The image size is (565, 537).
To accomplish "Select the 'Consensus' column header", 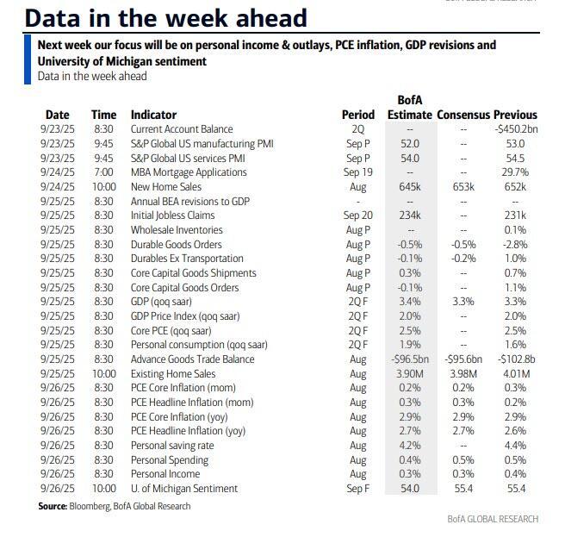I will pyautogui.click(x=463, y=115).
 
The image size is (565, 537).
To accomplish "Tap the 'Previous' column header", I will pyautogui.click(x=516, y=115).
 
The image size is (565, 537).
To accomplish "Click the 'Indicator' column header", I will pyautogui.click(x=153, y=115).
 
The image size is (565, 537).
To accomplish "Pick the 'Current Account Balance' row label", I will pyautogui.click(x=182, y=129).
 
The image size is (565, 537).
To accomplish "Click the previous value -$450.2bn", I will pyautogui.click(x=517, y=129).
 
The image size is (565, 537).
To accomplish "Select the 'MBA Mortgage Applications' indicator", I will pyautogui.click(x=189, y=172).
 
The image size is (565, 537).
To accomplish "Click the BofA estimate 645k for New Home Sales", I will pyautogui.click(x=409, y=187).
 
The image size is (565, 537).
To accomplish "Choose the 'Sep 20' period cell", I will pyautogui.click(x=358, y=215).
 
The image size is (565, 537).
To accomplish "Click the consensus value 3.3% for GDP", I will pyautogui.click(x=463, y=302).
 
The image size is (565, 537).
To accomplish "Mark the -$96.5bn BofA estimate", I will pyautogui.click(x=409, y=359).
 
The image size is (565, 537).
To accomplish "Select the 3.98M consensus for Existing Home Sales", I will pyautogui.click(x=463, y=374).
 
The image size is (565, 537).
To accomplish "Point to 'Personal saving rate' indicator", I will pyautogui.click(x=173, y=446).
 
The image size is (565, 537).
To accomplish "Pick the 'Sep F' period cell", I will pyautogui.click(x=358, y=489).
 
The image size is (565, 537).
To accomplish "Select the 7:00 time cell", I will pyautogui.click(x=103, y=172).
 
